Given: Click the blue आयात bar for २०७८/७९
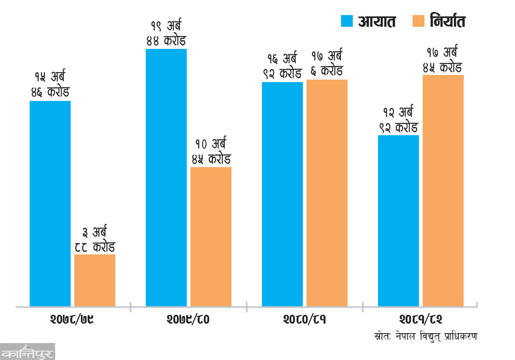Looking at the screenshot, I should (50, 203).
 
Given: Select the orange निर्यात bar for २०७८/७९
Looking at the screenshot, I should (95, 280).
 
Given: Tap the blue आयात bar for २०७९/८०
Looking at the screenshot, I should (166, 178).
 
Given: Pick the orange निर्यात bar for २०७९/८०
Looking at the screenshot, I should (211, 236).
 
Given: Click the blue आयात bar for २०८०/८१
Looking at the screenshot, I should (283, 194).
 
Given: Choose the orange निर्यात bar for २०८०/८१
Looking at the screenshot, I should (327, 193).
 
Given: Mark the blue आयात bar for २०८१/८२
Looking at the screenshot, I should (398, 220).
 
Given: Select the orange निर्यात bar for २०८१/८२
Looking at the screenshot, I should (443, 191).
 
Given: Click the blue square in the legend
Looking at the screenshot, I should (347, 21).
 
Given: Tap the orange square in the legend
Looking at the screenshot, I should (418, 21).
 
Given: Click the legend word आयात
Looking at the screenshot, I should (377, 21).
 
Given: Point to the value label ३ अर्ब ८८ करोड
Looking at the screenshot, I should (95, 239).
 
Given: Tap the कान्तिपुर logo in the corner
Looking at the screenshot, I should (27, 351).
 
